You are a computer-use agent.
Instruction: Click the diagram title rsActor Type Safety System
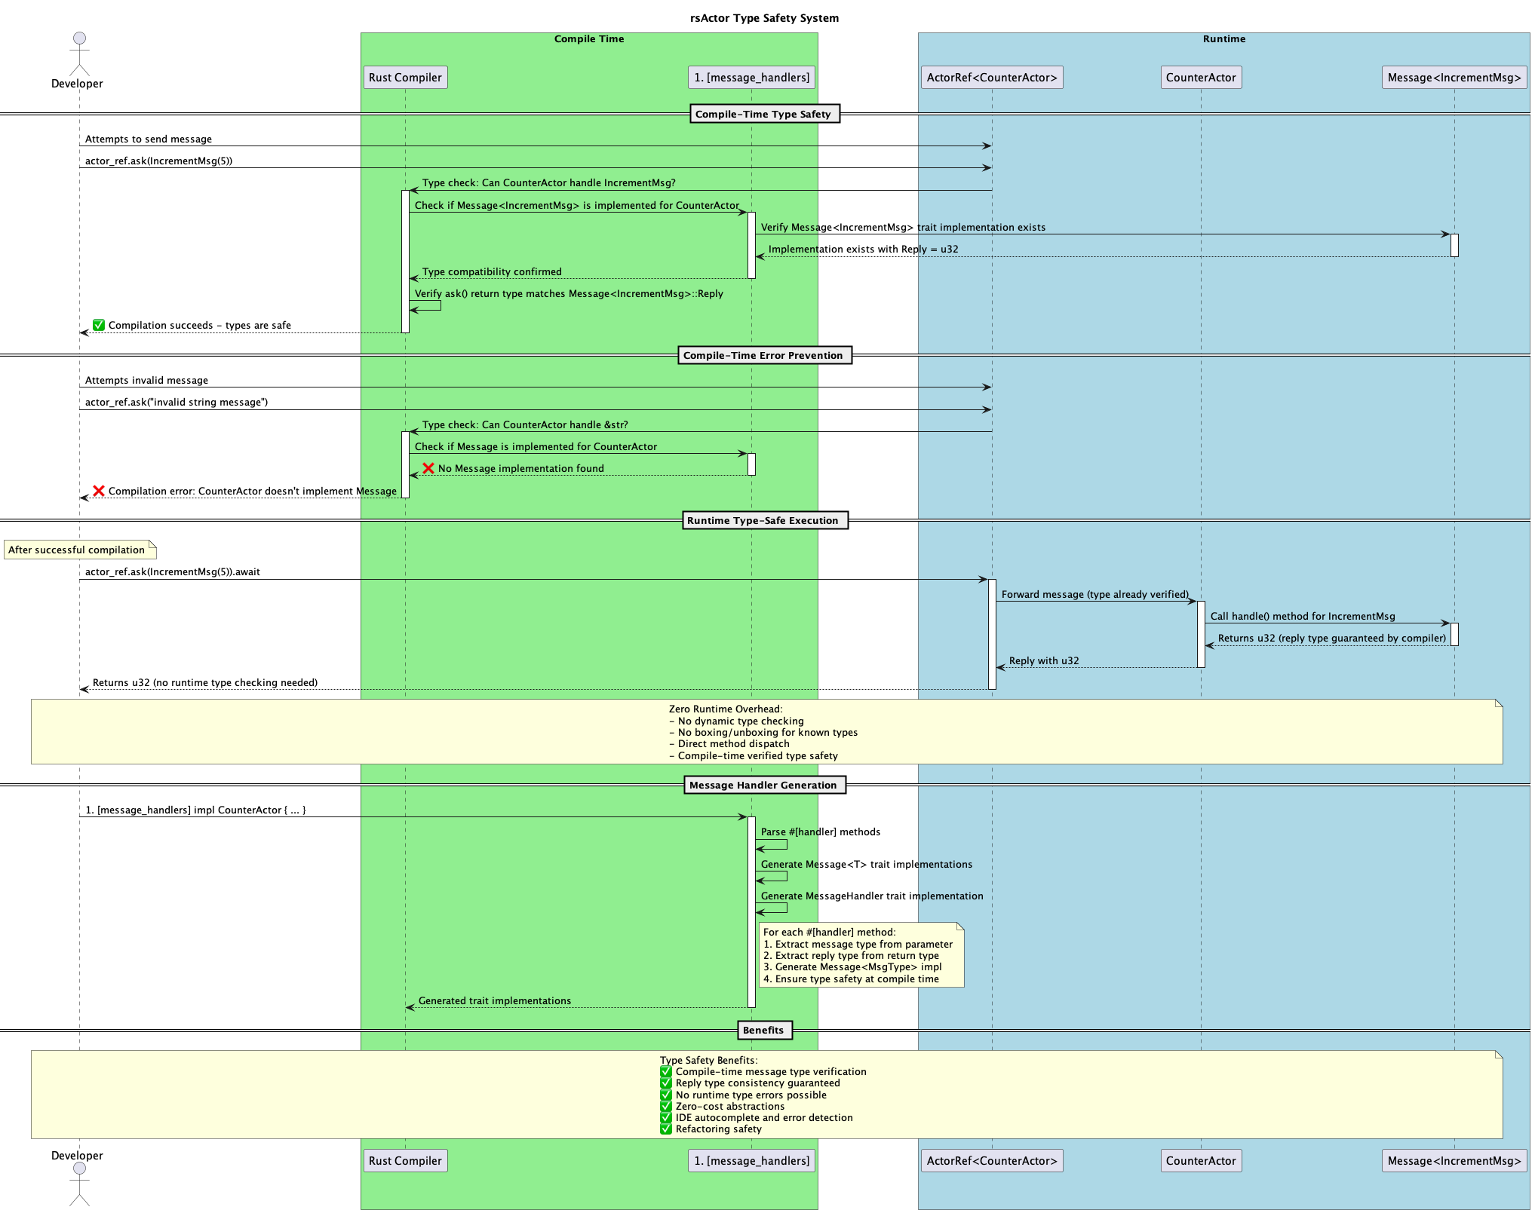(x=763, y=18)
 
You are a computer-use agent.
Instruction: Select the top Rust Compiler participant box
(x=405, y=78)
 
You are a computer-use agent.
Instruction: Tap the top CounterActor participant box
(x=1200, y=78)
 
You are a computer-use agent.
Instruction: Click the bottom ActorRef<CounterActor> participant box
(x=991, y=1161)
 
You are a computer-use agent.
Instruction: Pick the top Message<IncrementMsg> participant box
(x=1454, y=78)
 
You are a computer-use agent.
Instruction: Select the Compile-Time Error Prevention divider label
(x=763, y=356)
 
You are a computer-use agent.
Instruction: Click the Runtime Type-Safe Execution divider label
(x=763, y=521)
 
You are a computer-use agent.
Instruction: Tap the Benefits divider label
(x=763, y=1031)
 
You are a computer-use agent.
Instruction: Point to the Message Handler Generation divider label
(x=763, y=786)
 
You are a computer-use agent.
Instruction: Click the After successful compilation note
(x=78, y=550)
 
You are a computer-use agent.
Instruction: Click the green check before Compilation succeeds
(x=99, y=325)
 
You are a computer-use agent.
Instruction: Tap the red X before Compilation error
(x=99, y=491)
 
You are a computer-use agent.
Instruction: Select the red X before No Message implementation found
(x=428, y=468)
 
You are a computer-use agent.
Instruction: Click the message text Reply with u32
(x=1044, y=661)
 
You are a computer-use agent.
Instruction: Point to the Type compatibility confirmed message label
(x=492, y=272)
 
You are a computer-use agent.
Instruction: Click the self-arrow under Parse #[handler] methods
(x=773, y=845)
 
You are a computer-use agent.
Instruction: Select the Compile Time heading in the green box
(x=589, y=39)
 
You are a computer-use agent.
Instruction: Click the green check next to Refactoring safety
(x=666, y=1129)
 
